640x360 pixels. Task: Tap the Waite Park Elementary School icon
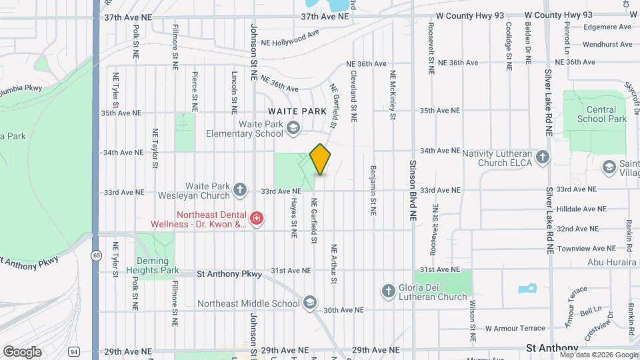(x=293, y=129)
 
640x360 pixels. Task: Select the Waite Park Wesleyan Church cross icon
(x=240, y=191)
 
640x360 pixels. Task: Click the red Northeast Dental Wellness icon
(x=255, y=219)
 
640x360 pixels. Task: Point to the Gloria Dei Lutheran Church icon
(x=389, y=291)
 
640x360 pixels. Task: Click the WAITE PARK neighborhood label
(x=297, y=111)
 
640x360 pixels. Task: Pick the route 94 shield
(x=73, y=351)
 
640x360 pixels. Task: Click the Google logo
(x=22, y=351)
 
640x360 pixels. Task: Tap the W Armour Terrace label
(x=515, y=328)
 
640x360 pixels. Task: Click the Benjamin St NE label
(x=373, y=190)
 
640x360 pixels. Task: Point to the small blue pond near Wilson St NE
(x=527, y=289)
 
